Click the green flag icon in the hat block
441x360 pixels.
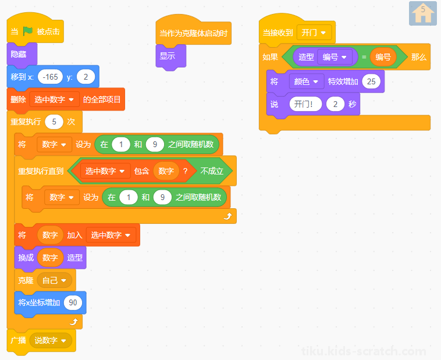[27, 31]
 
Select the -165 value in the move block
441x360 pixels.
[50, 77]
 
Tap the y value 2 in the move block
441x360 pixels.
[86, 77]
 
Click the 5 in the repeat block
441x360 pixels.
[54, 122]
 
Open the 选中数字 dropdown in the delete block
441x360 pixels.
[54, 99]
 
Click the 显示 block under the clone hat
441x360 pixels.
[170, 56]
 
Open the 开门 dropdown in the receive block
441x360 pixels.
[314, 33]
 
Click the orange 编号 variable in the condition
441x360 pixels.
[383, 57]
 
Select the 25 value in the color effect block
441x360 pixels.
[371, 81]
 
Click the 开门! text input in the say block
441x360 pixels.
[305, 104]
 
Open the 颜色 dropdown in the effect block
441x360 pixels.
[306, 81]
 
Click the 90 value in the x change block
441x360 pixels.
[73, 302]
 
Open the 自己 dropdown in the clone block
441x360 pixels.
[54, 280]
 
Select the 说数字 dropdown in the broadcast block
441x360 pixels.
[51, 341]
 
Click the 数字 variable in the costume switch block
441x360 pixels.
[50, 258]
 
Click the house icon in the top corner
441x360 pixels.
[423, 13]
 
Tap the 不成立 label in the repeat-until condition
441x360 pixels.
[212, 171]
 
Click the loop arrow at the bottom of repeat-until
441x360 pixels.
[228, 216]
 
